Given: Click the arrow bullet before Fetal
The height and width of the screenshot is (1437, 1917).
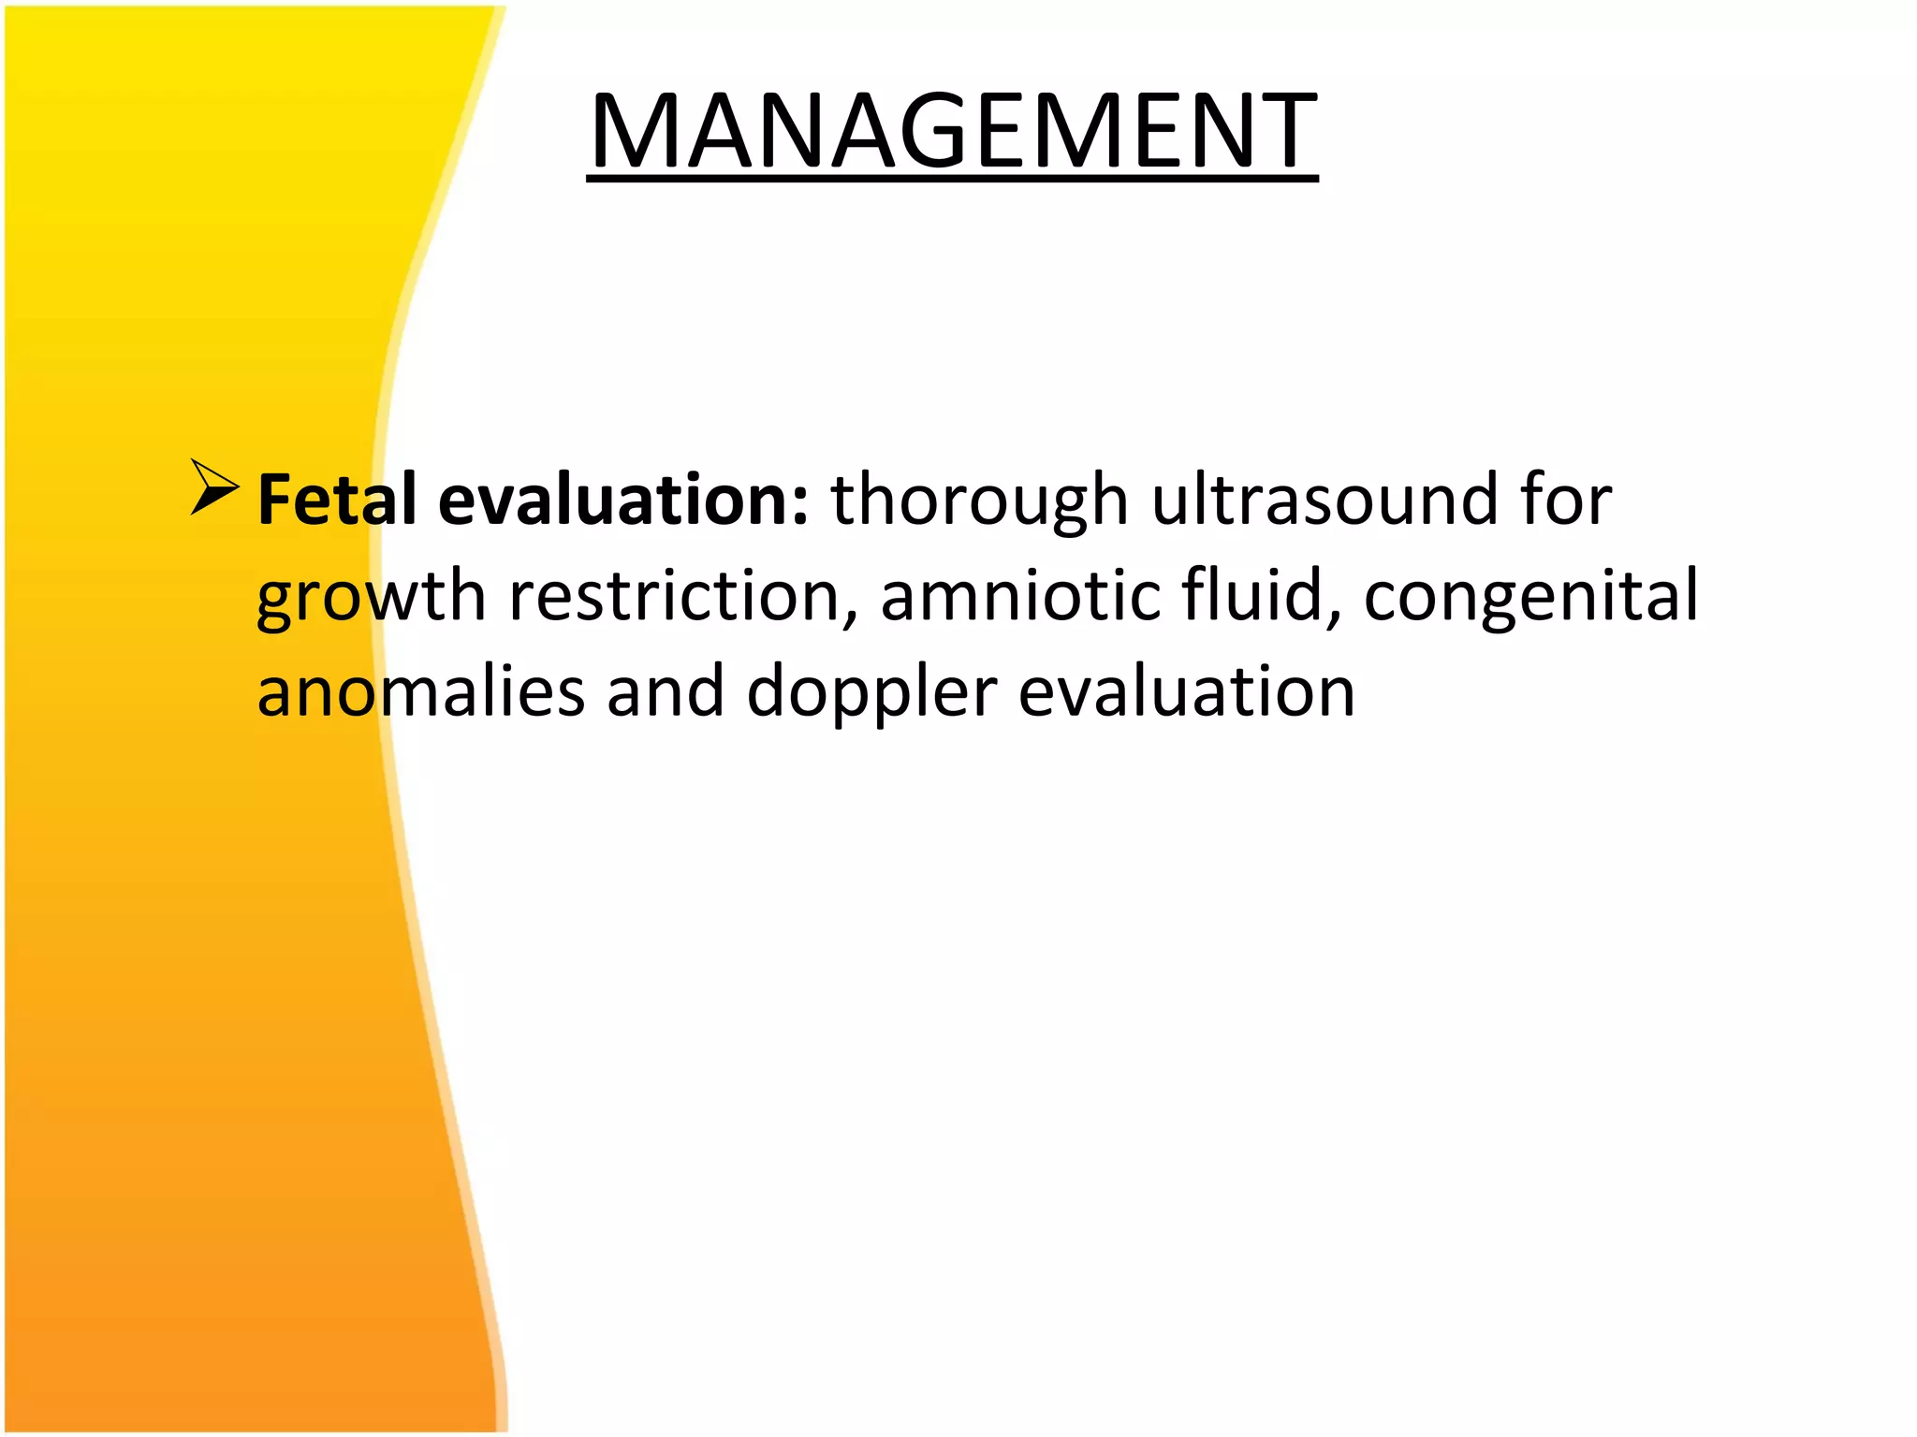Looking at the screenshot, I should pos(213,487).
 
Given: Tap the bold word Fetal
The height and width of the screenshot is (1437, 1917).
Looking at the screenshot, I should pos(336,501).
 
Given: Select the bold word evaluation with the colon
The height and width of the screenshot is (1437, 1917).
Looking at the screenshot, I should pos(622,501).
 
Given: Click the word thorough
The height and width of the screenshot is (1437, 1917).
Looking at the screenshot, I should pos(979,501).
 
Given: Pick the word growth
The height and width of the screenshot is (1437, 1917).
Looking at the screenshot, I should pos(371,598).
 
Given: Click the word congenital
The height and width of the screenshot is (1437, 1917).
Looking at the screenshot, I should pos(1530,598).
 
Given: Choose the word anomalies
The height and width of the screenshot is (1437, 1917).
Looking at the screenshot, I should pos(420,692).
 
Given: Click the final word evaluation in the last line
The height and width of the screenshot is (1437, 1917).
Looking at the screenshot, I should pos(1186,692).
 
